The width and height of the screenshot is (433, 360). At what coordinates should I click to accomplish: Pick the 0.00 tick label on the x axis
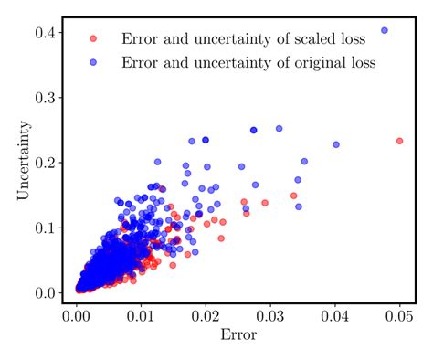coord(77,316)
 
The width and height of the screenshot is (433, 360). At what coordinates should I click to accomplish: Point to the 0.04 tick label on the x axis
coord(335,316)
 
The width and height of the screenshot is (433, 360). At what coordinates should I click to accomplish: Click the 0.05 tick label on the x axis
coord(400,316)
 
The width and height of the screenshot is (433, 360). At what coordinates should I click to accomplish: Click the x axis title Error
coord(238,334)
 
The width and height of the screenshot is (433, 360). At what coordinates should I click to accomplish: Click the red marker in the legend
coord(91,38)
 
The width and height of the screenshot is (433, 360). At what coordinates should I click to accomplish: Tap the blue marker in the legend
coord(91,62)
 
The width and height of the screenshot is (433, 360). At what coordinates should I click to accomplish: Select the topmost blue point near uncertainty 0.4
coord(384,30)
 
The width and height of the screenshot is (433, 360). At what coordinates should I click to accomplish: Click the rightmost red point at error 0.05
coord(399,141)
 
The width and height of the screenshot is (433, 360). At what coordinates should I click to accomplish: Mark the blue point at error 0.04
coord(335,144)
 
